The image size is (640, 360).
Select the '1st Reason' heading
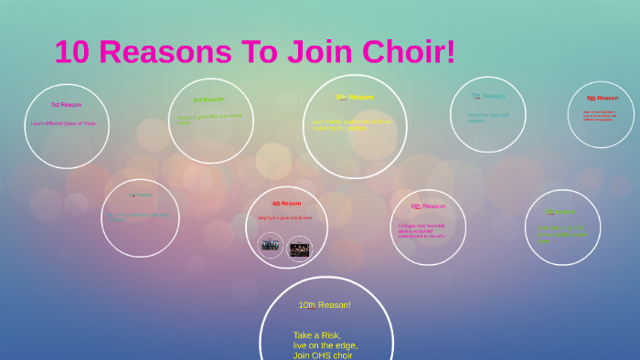coord(66,105)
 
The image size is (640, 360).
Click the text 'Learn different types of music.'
coord(63,123)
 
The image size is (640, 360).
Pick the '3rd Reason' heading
coord(208,100)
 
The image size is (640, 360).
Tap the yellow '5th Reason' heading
coord(354,97)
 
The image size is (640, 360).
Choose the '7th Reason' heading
coord(487,96)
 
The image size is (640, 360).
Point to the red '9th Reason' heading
coord(603,98)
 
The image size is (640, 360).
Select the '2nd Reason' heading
coord(140,195)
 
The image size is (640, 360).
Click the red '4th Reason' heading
coord(286,203)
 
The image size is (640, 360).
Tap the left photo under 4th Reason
coord(270,245)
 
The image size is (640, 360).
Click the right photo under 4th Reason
coord(299,248)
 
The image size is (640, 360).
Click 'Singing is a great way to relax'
coord(284,217)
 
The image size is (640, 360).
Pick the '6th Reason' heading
coord(428,206)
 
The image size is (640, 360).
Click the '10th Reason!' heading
coord(325,305)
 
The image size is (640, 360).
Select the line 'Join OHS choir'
coord(323,355)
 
